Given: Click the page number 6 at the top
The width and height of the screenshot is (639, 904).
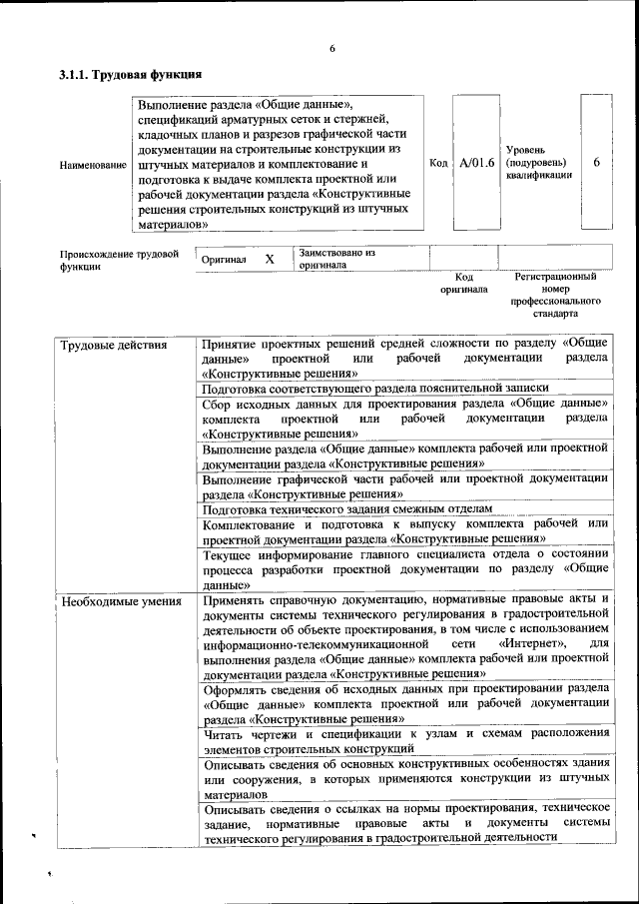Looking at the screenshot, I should click(x=331, y=50).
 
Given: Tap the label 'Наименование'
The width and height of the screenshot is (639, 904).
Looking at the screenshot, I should click(x=93, y=164).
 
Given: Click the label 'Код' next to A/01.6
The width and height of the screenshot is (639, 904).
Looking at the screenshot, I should click(x=437, y=163).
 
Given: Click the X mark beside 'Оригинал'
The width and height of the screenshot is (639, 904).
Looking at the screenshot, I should click(x=270, y=259).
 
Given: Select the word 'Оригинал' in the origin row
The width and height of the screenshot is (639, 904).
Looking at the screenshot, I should click(x=224, y=260).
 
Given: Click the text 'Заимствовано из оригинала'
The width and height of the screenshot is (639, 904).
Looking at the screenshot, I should click(x=335, y=260).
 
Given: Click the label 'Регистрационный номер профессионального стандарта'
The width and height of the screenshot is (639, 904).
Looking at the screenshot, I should click(x=555, y=294).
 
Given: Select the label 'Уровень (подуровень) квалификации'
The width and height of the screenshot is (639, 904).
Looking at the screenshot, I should click(x=538, y=163).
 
